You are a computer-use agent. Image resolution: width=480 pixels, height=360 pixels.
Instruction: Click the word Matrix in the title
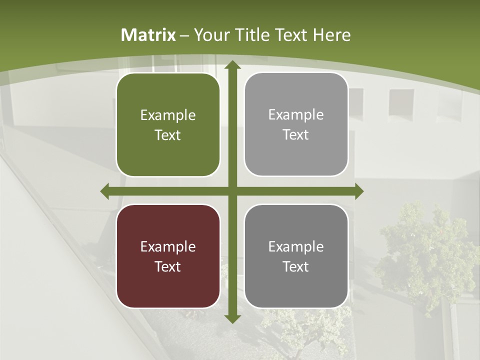tap(148, 35)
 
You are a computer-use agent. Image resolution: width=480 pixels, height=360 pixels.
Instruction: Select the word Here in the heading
tap(331, 35)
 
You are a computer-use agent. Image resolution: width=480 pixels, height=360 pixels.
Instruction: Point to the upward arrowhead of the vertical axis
tap(232, 65)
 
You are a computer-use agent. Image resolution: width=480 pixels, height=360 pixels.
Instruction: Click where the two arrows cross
tap(232, 191)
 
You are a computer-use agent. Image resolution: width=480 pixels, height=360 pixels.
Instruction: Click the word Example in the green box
tap(168, 115)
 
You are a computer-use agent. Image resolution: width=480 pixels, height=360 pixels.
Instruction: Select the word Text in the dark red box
tap(168, 266)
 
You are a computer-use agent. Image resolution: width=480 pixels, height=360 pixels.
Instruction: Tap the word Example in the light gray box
tap(296, 115)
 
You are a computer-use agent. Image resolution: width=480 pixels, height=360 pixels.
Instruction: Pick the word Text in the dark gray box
tap(296, 266)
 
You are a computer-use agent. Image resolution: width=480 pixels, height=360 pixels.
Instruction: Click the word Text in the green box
tap(168, 135)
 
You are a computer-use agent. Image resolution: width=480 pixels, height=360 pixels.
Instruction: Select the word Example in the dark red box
tap(168, 247)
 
